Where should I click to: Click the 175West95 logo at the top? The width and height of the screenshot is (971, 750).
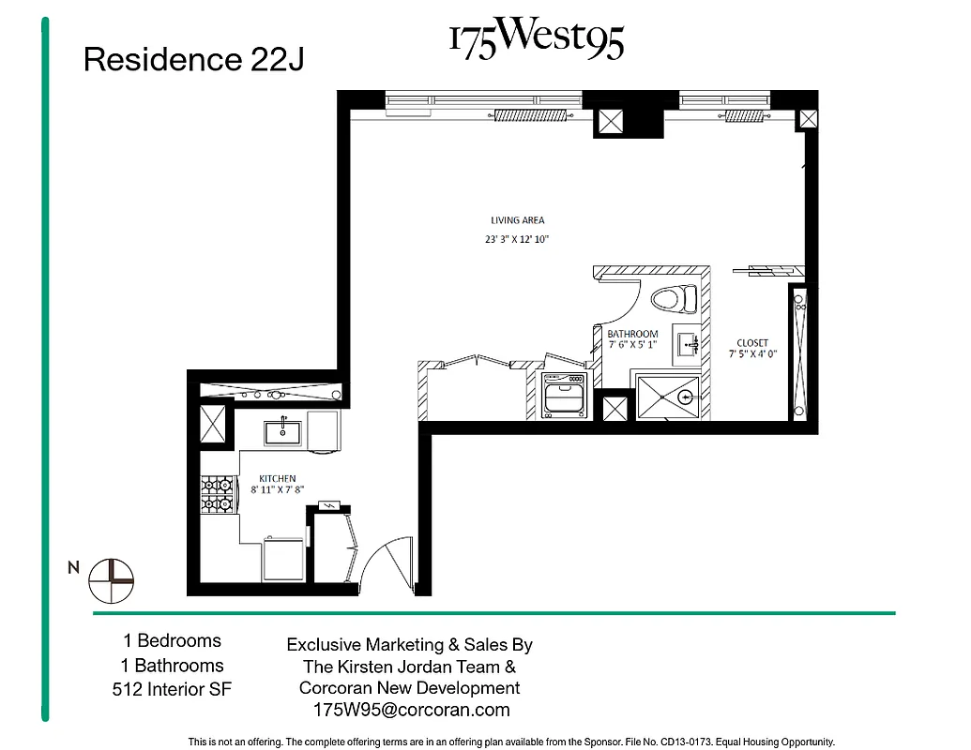(x=536, y=40)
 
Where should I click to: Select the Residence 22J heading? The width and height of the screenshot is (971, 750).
(x=193, y=60)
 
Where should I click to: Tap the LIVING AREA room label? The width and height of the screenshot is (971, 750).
(x=518, y=220)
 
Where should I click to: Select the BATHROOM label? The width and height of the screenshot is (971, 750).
(x=632, y=334)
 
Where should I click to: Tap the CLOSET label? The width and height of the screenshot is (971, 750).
(x=752, y=343)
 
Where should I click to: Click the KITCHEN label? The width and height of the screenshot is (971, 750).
(x=278, y=478)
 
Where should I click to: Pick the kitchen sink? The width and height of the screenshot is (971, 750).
(x=282, y=431)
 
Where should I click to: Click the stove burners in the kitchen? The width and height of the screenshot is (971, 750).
(x=217, y=494)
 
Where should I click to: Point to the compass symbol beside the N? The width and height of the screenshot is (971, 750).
(x=112, y=580)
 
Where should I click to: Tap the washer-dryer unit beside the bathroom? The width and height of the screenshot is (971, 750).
(x=564, y=394)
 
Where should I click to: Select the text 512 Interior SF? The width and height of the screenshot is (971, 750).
(x=172, y=690)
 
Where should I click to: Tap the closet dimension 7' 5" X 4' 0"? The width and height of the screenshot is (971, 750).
(x=752, y=354)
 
